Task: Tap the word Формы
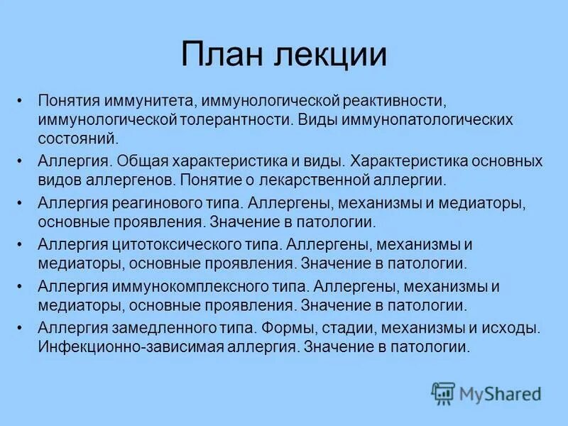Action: pos(288,328)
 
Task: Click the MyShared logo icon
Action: pos(443,392)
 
